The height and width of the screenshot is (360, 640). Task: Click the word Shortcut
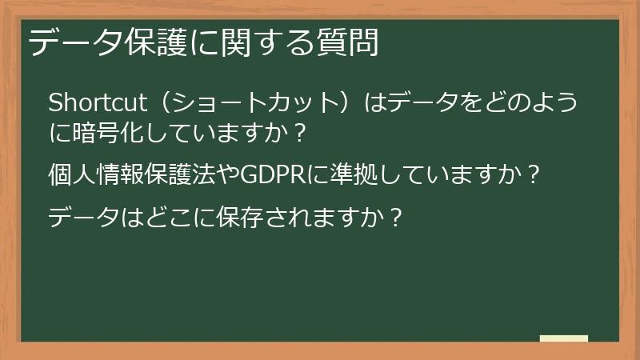coord(96,103)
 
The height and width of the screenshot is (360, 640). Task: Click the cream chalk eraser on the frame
coord(563,338)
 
